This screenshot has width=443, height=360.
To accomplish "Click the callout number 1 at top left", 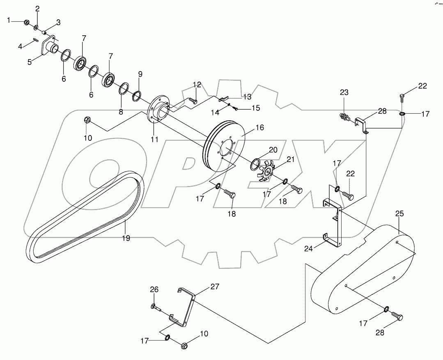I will tap(9, 20).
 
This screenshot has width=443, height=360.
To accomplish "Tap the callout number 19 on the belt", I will tap(126, 238).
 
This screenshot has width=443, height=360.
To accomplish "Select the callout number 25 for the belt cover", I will tap(399, 213).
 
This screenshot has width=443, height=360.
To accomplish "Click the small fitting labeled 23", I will tap(344, 117).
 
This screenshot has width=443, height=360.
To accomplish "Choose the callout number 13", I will tap(247, 96).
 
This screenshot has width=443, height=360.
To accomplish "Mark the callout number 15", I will tap(255, 108).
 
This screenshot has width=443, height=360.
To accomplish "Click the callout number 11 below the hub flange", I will tap(154, 139).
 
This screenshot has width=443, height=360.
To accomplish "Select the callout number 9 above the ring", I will tap(140, 74).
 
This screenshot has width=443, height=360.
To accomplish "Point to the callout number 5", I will tap(30, 62).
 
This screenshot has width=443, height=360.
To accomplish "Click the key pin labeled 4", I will tap(36, 40).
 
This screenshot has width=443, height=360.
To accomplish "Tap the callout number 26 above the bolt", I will tap(154, 289).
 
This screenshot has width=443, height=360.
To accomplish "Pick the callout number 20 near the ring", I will tap(273, 150).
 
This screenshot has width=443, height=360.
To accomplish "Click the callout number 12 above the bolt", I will tap(197, 85).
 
